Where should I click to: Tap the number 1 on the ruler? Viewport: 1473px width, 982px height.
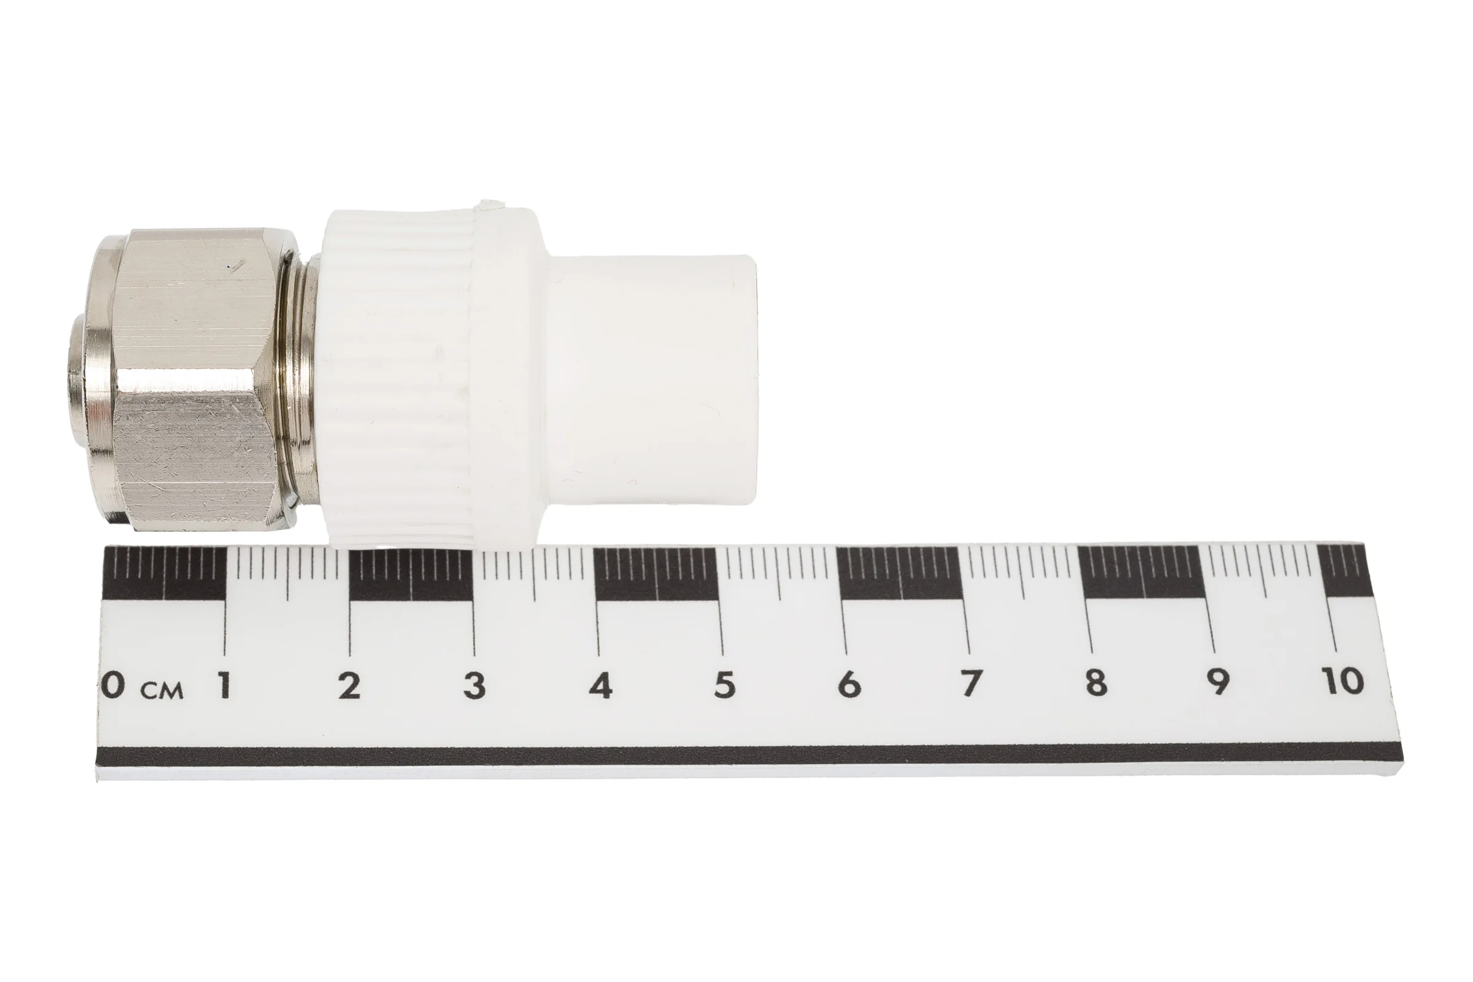224,685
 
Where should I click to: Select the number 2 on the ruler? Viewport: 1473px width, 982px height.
349,686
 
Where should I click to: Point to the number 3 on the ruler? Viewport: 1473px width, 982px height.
474,685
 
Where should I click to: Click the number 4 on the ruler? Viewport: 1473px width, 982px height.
600,685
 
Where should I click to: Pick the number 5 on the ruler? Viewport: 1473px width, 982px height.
724,684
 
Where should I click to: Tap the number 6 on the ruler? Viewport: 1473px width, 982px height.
849,684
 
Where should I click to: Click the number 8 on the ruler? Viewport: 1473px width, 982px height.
1096,682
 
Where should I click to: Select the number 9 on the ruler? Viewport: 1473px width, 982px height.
1218,681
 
